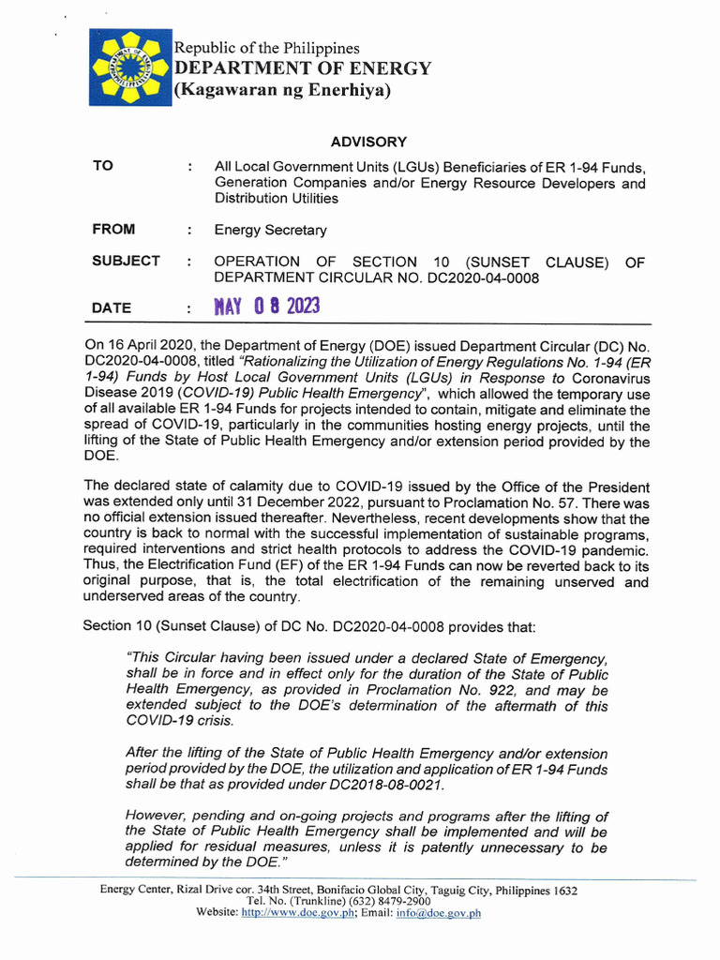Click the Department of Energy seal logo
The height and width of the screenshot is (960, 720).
[x=130, y=67]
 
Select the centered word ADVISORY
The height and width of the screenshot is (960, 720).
[x=369, y=142]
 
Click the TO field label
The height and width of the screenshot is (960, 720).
[x=103, y=166]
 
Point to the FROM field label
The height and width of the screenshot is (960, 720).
[x=113, y=230]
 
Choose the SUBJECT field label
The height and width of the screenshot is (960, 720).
[x=126, y=262]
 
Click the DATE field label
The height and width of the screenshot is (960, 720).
[x=112, y=307]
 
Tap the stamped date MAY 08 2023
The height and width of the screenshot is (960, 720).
[x=267, y=307]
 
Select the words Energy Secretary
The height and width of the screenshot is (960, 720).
[x=271, y=231]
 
